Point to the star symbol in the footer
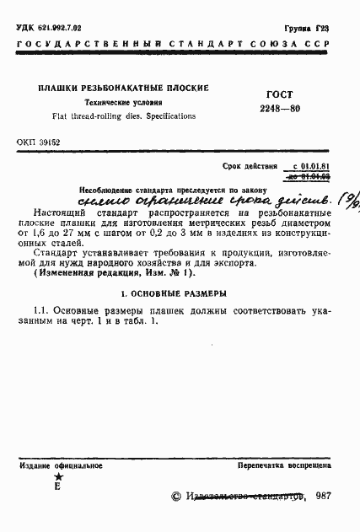click(x=56, y=477)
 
